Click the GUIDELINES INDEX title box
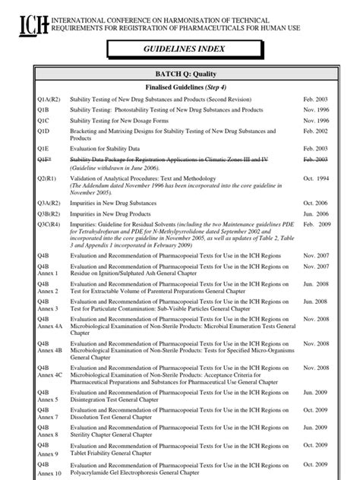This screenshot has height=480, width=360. [x=179, y=50]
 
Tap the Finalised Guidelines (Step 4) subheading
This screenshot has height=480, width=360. [x=179, y=87]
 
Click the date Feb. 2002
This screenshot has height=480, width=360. [x=315, y=131]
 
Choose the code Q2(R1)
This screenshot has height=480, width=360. [x=48, y=178]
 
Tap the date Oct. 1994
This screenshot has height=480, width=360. [x=315, y=178]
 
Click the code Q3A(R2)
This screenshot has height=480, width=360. [x=49, y=204]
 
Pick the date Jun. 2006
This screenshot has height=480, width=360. [x=315, y=214]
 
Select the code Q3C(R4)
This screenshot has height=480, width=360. [x=49, y=225]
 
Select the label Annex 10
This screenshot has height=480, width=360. [x=49, y=472]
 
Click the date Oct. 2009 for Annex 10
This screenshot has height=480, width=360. [x=315, y=463]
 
